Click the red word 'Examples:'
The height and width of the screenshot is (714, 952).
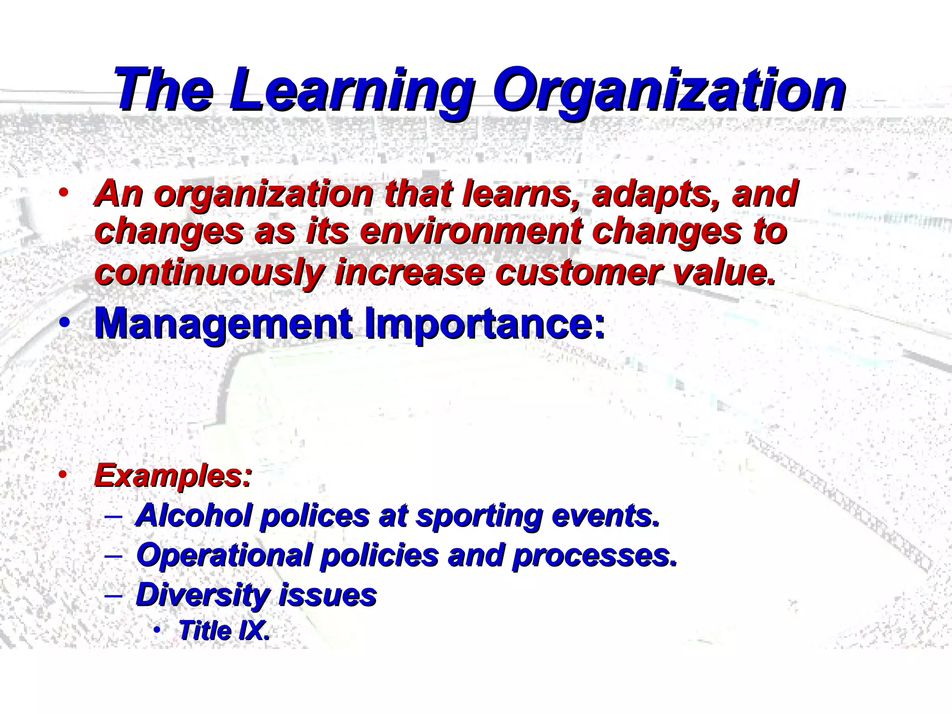click(173, 476)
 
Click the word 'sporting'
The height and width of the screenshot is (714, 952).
click(479, 516)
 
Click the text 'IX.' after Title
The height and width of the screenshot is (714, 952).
click(253, 630)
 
